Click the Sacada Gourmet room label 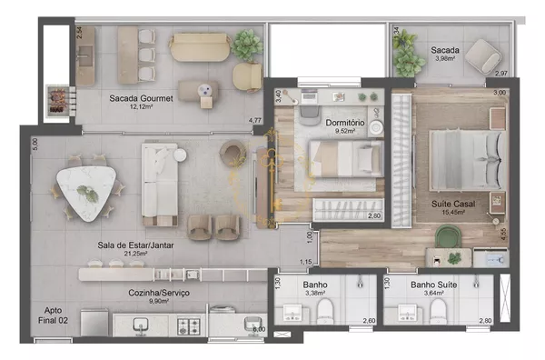(x=141, y=98)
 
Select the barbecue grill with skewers (x=58, y=100)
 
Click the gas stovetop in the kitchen (x=189, y=326)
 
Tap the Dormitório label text (x=345, y=123)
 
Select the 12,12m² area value (x=141, y=106)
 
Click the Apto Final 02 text (x=53, y=315)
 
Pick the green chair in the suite (x=449, y=236)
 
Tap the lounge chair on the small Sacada (x=483, y=56)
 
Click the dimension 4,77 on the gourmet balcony (x=254, y=121)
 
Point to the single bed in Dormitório (x=347, y=158)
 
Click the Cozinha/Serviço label (x=159, y=293)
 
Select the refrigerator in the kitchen (x=94, y=323)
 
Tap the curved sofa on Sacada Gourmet (x=200, y=47)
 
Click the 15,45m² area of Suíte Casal (x=453, y=212)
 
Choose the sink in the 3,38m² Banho (x=292, y=313)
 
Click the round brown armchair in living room (x=233, y=153)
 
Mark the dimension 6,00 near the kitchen (x=259, y=329)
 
